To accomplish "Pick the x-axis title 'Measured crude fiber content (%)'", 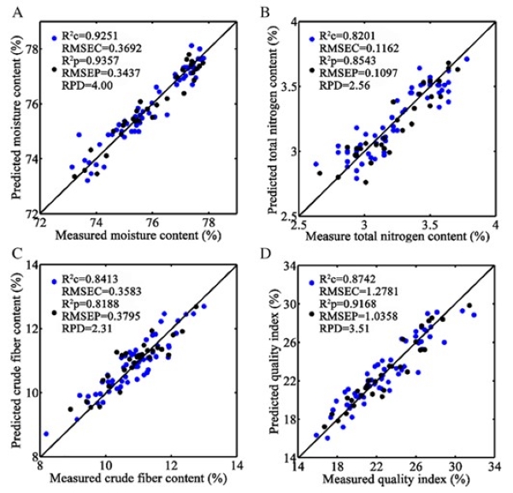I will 142,478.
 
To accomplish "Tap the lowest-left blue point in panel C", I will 46,434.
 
